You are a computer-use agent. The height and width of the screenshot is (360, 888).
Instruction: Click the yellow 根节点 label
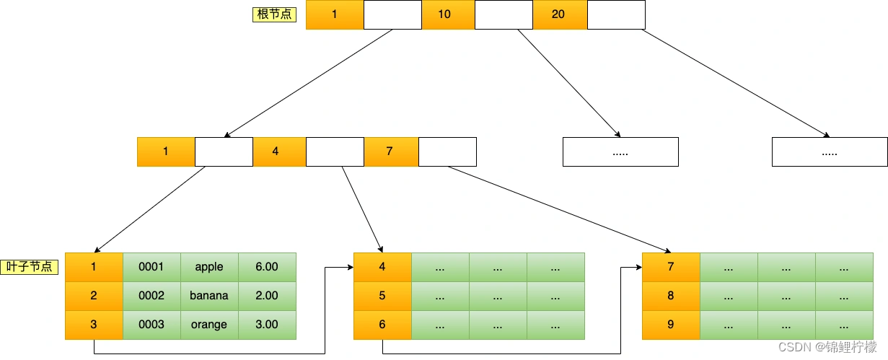click(274, 14)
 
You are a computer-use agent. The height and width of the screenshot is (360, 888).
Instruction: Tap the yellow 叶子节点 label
click(29, 266)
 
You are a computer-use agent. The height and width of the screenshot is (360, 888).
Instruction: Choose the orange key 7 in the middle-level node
click(391, 152)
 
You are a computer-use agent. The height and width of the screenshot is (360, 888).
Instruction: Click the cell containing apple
click(209, 267)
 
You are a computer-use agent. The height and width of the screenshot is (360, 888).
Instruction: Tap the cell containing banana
click(209, 296)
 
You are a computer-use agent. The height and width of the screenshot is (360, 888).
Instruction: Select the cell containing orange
click(209, 325)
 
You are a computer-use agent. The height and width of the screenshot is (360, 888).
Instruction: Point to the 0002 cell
click(151, 296)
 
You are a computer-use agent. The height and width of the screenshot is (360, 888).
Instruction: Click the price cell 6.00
click(267, 267)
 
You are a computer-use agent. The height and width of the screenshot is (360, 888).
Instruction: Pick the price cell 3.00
click(267, 325)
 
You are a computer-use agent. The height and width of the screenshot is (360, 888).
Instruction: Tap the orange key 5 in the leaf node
click(382, 296)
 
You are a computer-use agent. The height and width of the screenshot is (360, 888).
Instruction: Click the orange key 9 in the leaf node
click(671, 325)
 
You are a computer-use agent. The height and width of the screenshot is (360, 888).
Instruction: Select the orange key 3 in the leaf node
click(94, 325)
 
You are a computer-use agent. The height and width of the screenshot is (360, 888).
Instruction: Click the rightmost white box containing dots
click(830, 152)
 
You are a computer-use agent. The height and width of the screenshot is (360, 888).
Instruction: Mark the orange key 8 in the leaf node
click(671, 296)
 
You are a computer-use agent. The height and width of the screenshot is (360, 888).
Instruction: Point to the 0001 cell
click(151, 267)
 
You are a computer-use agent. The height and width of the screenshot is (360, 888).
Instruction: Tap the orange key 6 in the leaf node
click(382, 325)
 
